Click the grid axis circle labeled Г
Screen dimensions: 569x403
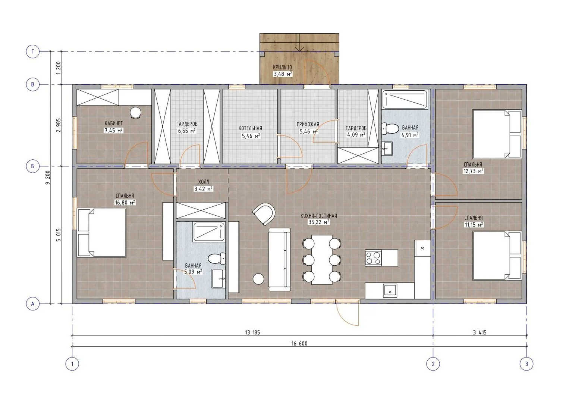pyautogui.click(x=32, y=52)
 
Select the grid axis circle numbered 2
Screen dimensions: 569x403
pyautogui.click(x=433, y=364)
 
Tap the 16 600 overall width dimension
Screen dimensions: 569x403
pyautogui.click(x=299, y=344)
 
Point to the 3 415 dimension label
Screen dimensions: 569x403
pyautogui.click(x=480, y=332)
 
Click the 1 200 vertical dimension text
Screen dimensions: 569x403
pyautogui.click(x=59, y=68)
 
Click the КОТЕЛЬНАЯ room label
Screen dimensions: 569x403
pyautogui.click(x=250, y=128)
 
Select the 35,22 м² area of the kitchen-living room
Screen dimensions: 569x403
pyautogui.click(x=319, y=222)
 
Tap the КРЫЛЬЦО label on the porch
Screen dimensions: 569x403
pyautogui.click(x=283, y=68)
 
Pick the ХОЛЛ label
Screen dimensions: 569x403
pyautogui.click(x=204, y=182)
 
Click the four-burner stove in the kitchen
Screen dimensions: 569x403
pyautogui.click(x=373, y=258)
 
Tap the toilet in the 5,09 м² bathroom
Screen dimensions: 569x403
pyautogui.click(x=217, y=259)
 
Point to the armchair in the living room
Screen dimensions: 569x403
pyautogui.click(x=264, y=214)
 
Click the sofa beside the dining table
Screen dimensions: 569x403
pyautogui.click(x=279, y=259)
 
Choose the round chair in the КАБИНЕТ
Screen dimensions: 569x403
pyautogui.click(x=135, y=112)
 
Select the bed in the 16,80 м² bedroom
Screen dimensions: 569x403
pyautogui.click(x=101, y=232)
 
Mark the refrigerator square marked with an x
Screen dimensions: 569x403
pyautogui.click(x=422, y=248)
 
